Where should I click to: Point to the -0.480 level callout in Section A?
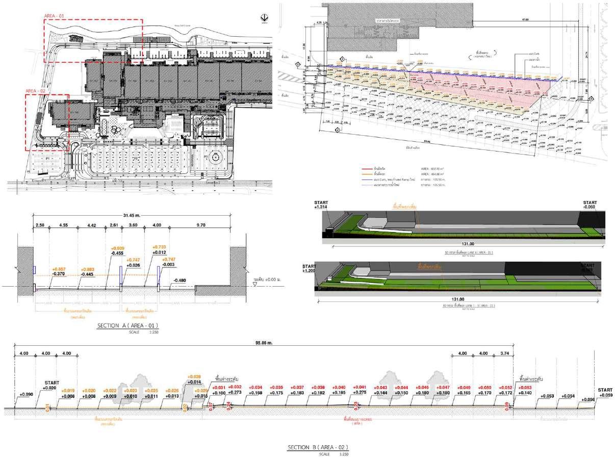pos(180,281)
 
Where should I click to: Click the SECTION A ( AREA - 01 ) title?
pos(127,325)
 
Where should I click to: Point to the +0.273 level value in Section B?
pos(235,393)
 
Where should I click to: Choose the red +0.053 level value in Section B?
pos(526,388)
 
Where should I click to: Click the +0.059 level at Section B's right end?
pos(606,395)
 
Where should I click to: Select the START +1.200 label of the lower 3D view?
pos(309,268)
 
